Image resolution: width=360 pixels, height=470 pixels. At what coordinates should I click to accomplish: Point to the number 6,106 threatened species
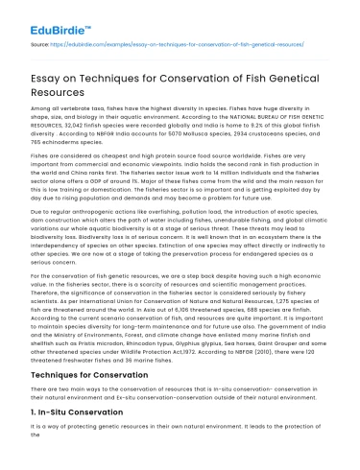(178, 316)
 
